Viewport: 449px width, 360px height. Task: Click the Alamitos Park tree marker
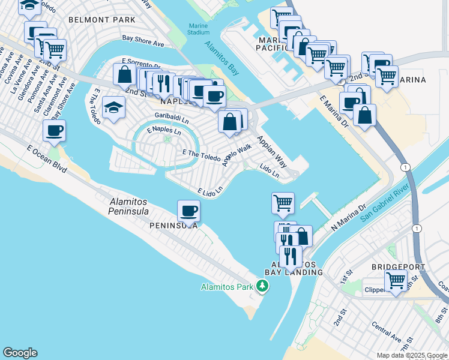click(x=262, y=287)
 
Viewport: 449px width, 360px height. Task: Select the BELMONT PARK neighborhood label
click(x=102, y=20)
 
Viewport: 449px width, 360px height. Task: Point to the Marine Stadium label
click(x=199, y=29)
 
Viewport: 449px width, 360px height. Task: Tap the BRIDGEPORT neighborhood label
click(x=398, y=266)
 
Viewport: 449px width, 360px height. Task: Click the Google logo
click(x=20, y=353)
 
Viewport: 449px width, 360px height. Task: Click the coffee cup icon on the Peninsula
click(x=189, y=211)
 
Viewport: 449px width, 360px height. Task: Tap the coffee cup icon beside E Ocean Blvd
click(x=54, y=130)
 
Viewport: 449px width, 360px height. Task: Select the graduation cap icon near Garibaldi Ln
click(x=113, y=107)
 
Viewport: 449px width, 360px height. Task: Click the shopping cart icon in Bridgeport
click(x=396, y=280)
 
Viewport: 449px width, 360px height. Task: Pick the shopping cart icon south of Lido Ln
click(x=282, y=202)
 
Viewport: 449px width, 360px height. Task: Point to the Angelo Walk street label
click(x=237, y=156)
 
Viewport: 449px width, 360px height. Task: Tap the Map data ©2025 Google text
click(x=412, y=355)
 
